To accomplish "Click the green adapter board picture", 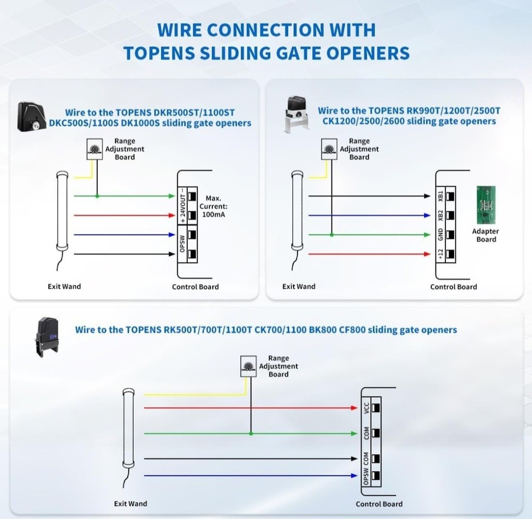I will [486, 204].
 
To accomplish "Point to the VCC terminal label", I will [365, 408].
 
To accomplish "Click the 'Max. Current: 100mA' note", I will [213, 206].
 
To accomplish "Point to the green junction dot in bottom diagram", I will [250, 433].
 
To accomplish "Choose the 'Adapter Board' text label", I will [486, 235].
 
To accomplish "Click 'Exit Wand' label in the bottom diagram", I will [130, 503].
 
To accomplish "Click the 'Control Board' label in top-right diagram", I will [453, 286].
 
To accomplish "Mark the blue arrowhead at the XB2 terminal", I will [427, 216].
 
